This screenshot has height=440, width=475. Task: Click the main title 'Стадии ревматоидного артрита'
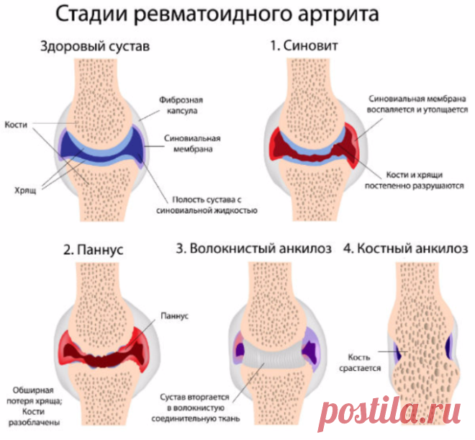[x=217, y=14]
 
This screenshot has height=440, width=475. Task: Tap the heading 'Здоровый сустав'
[x=95, y=47]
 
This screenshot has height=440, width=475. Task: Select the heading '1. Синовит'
[x=304, y=46]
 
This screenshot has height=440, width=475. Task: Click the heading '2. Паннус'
[x=94, y=250]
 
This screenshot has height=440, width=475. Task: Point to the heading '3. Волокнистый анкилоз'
[x=254, y=248]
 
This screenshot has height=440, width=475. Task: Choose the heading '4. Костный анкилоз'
[x=406, y=248]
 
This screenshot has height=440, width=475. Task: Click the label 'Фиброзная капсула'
[x=181, y=105]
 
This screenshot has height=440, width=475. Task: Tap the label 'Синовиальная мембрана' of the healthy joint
[x=192, y=143]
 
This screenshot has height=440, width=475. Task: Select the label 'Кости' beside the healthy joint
[x=16, y=125]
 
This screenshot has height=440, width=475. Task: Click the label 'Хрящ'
[x=25, y=190]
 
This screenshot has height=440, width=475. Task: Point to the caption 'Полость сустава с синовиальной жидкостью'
[x=207, y=205]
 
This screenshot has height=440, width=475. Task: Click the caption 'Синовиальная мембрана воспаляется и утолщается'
[x=417, y=104]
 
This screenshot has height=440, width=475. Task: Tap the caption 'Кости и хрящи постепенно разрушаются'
[x=415, y=180]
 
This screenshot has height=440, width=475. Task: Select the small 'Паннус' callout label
[x=174, y=316]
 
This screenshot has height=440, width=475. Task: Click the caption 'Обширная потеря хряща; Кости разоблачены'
[x=35, y=406]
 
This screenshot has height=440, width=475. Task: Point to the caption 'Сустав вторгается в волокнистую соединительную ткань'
[x=196, y=408]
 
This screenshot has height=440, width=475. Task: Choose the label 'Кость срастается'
[x=360, y=363]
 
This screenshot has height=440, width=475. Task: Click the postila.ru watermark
[x=391, y=413]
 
